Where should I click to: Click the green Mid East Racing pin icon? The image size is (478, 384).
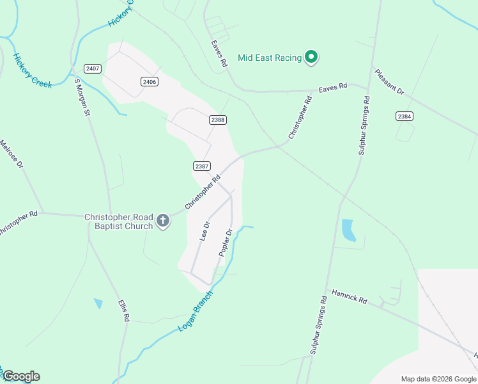(x=311, y=58)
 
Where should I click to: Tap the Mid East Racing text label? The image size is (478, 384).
(x=269, y=58)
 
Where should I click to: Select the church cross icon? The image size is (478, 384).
(x=163, y=221)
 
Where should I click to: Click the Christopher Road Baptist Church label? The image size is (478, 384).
(x=119, y=221)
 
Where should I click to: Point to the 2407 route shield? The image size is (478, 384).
(x=92, y=68)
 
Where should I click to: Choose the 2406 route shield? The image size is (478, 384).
(x=150, y=81)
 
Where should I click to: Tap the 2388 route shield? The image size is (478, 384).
(x=218, y=120)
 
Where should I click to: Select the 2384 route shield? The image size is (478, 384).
(x=404, y=116)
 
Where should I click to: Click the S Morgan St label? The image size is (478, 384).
(x=82, y=97)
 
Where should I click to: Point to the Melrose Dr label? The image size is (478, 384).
(x=12, y=154)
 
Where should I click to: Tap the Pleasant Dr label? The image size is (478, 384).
(x=389, y=82)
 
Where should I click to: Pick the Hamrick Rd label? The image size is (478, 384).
(x=349, y=296)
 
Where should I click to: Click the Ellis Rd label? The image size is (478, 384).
(x=124, y=310)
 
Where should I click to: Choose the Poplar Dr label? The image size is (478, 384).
(x=225, y=241)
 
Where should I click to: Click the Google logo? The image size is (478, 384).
(x=21, y=376)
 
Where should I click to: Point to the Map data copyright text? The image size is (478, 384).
(x=438, y=379)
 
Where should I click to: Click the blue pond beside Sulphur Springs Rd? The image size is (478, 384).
(x=348, y=230)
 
